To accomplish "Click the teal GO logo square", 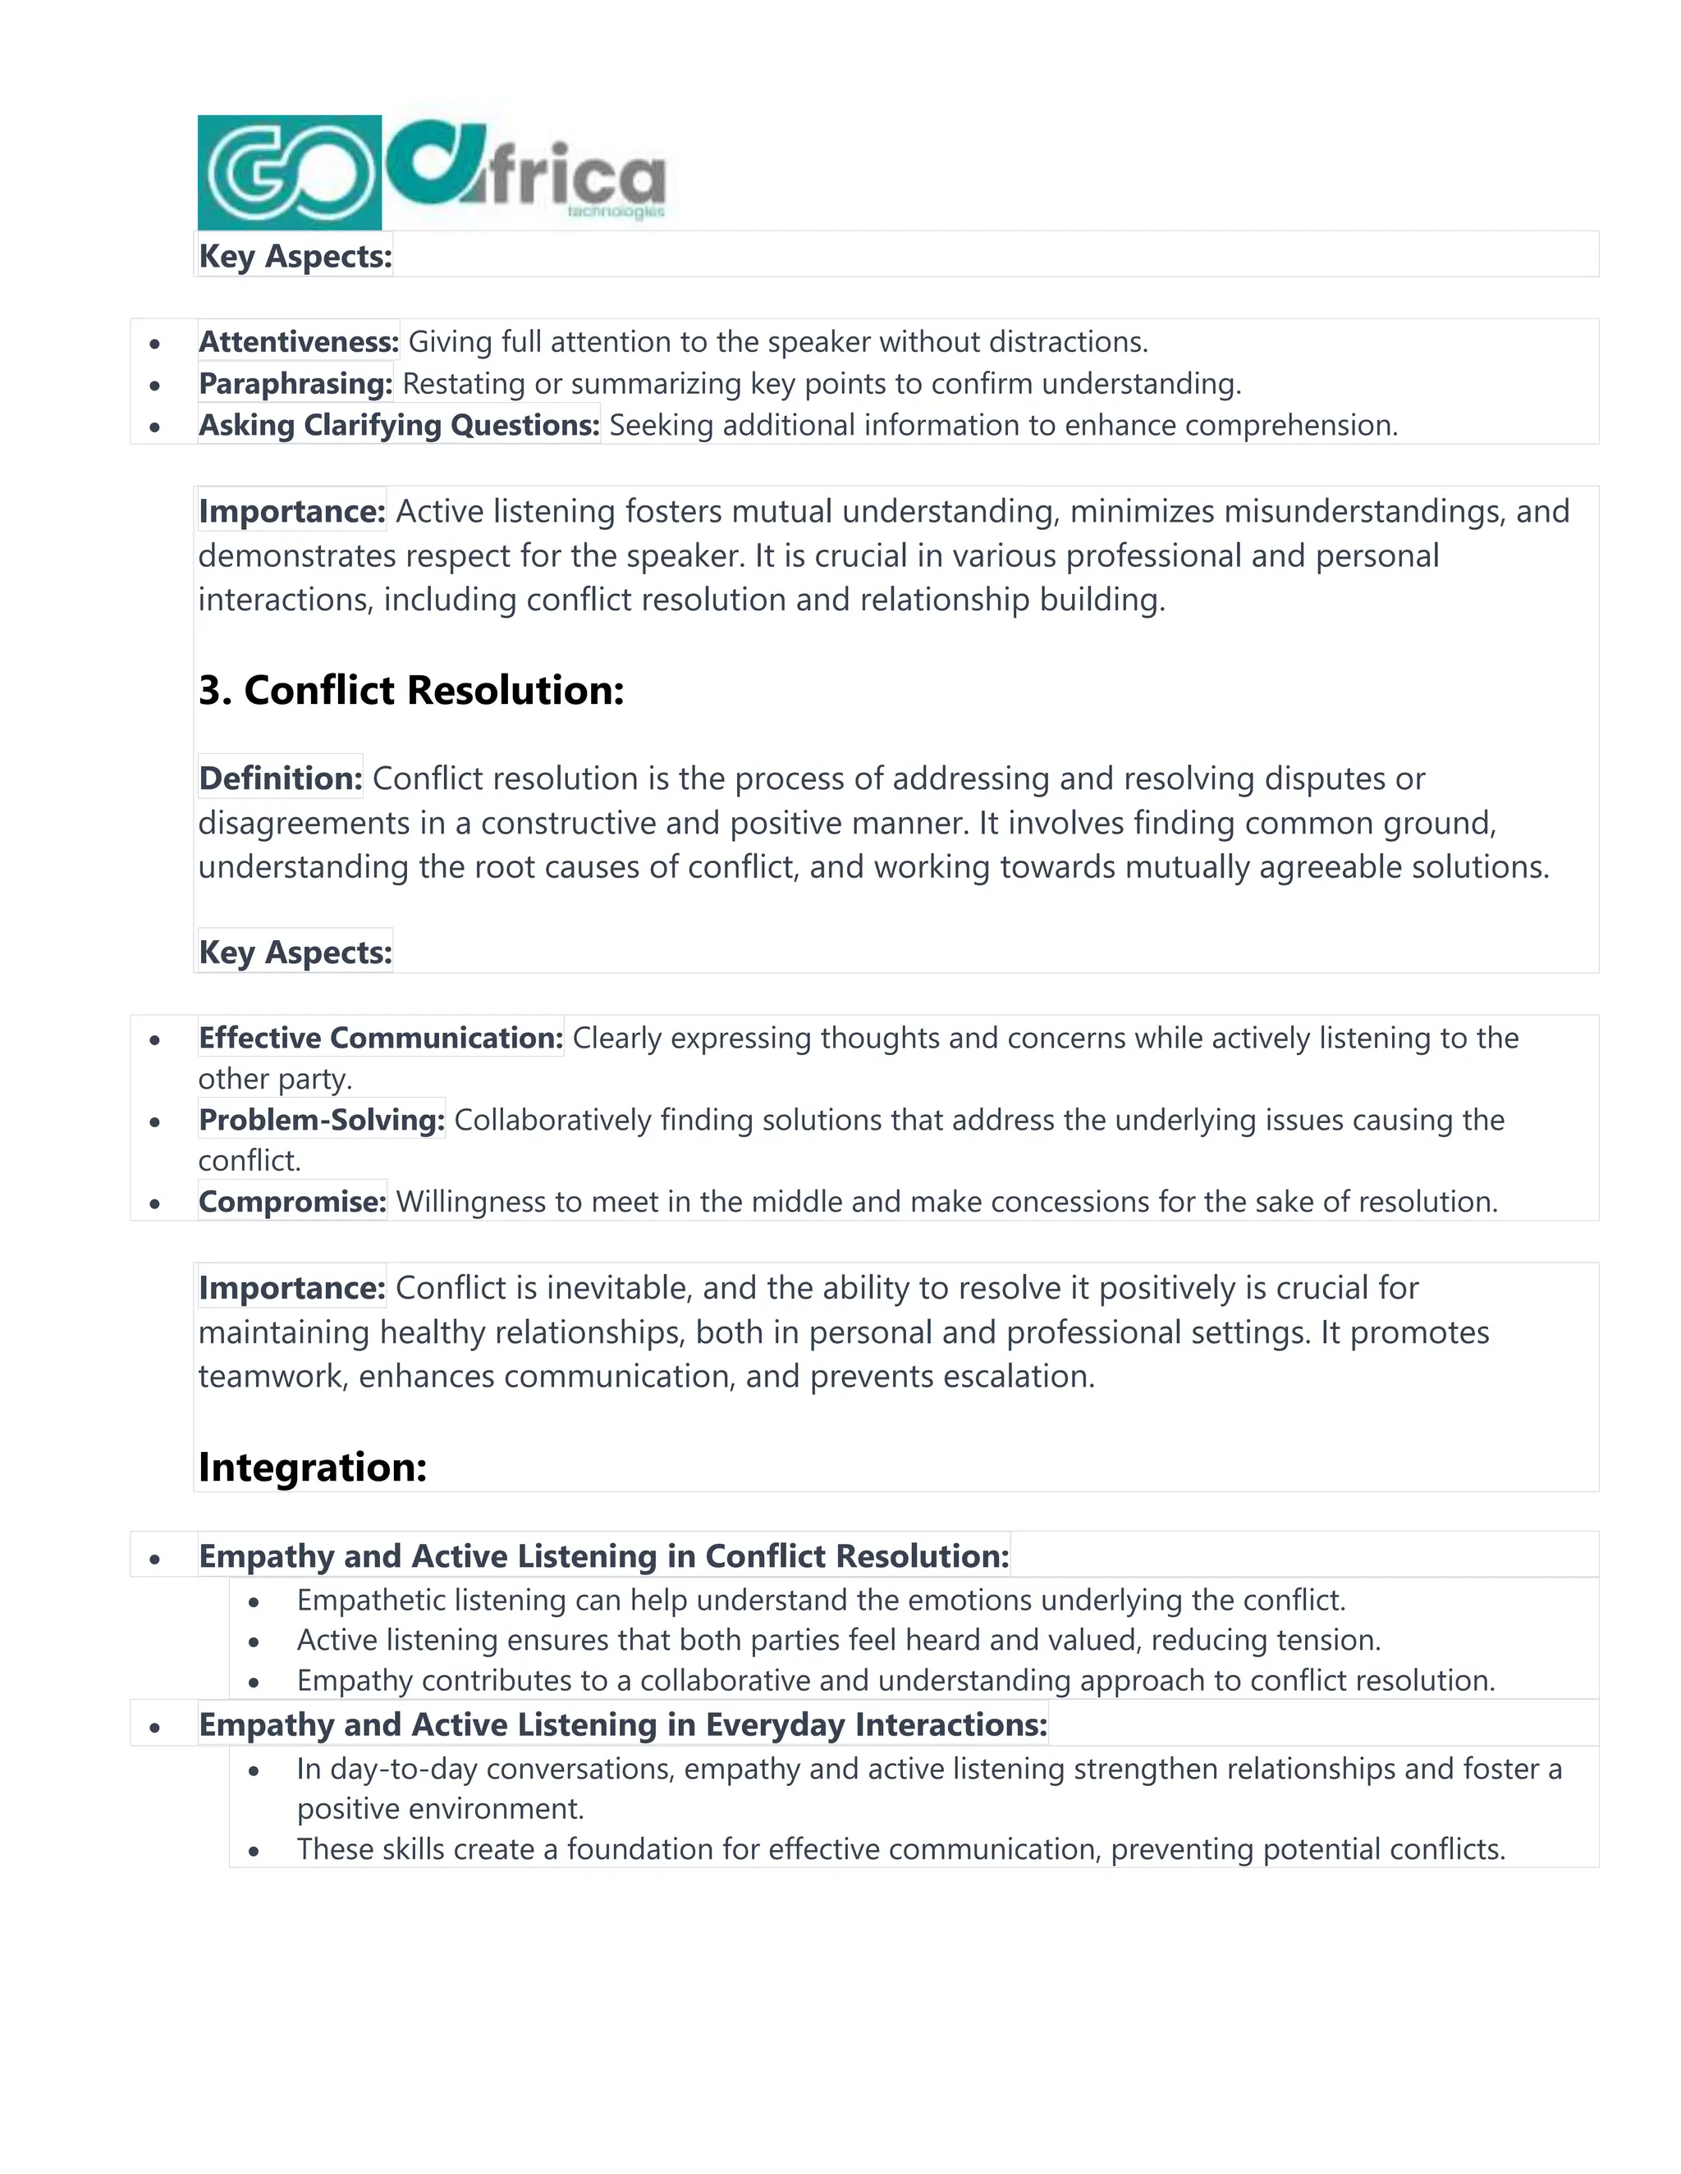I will (x=289, y=172).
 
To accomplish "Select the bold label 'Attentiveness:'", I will (x=299, y=341).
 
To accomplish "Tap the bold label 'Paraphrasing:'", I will (x=295, y=383).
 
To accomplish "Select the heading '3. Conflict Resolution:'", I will (x=411, y=690).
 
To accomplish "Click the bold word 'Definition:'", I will (x=281, y=778).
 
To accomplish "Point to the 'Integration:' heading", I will (x=313, y=1466).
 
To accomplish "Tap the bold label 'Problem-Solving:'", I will (x=322, y=1120).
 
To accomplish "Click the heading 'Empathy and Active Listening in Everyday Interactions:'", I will (x=622, y=1724).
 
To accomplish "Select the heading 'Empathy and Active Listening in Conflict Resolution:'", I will (x=603, y=1555).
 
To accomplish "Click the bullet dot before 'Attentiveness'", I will (x=154, y=345).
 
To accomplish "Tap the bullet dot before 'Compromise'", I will (x=154, y=1203).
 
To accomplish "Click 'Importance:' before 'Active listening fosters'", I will (x=291, y=510).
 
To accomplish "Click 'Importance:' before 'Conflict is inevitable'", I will (x=291, y=1287).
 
